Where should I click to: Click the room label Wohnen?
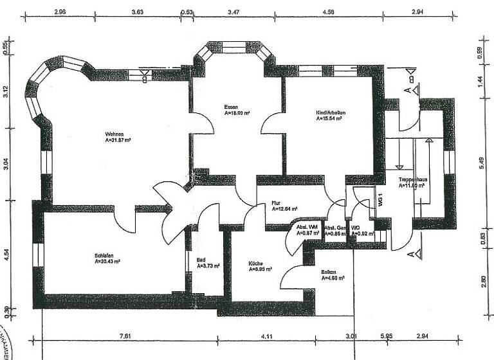click(x=114, y=134)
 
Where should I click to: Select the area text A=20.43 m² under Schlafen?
click(x=107, y=262)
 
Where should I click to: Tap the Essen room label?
click(x=231, y=106)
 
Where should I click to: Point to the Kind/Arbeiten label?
click(x=331, y=113)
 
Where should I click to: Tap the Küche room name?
click(x=257, y=263)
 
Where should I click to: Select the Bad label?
click(x=201, y=260)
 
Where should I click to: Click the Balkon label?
click(x=329, y=272)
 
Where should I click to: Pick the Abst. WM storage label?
click(x=307, y=228)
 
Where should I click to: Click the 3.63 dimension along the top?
click(x=136, y=12)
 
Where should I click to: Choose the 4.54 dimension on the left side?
click(x=6, y=255)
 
